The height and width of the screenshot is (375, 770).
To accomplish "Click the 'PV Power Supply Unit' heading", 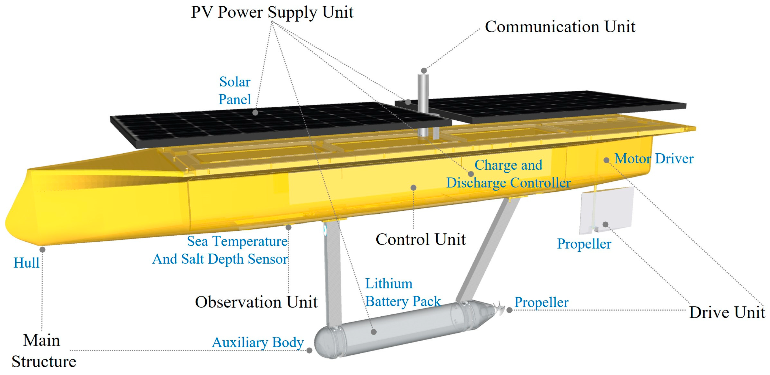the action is click(272, 13).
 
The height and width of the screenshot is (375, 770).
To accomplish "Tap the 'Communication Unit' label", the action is click(559, 27).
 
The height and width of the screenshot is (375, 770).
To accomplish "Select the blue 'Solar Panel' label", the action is click(235, 90).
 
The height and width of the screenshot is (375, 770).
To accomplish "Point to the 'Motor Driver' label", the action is click(654, 158).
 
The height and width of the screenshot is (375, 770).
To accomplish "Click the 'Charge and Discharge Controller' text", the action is click(508, 174).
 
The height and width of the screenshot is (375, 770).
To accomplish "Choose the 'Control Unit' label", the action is click(420, 239).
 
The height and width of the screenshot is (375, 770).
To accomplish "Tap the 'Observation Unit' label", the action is click(256, 302).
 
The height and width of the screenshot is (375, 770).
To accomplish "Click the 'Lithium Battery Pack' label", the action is click(403, 292).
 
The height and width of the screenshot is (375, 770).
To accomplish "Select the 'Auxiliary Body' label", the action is click(258, 342).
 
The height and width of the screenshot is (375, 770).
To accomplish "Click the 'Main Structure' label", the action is click(44, 351).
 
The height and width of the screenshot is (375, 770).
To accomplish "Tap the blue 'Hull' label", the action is click(26, 263).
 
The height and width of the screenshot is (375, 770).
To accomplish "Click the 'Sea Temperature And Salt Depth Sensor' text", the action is click(220, 250).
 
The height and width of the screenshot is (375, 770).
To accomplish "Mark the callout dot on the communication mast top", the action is click(424, 71).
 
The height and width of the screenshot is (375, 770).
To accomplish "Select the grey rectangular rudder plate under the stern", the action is click(607, 210).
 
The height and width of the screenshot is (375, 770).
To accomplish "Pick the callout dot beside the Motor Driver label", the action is click(606, 161).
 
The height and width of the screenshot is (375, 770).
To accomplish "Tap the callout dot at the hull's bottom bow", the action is click(42, 250).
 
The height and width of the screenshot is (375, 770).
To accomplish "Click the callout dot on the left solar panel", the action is click(255, 113).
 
